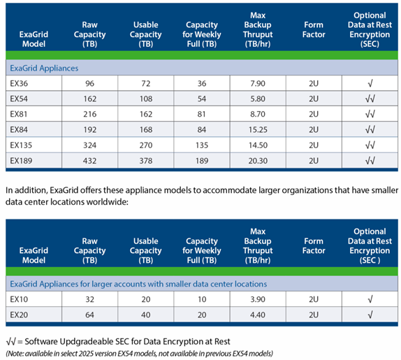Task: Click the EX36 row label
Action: (x=19, y=83)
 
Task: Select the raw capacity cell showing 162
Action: (x=89, y=99)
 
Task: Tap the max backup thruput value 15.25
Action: (x=258, y=130)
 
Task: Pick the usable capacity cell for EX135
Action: (x=146, y=145)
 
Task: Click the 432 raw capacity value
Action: (x=89, y=161)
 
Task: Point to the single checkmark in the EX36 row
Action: (x=370, y=83)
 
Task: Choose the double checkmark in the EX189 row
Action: (x=370, y=161)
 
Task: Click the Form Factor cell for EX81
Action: (x=314, y=114)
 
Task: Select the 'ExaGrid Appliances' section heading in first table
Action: (x=44, y=68)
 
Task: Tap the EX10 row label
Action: (x=19, y=299)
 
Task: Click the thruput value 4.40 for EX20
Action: (x=258, y=315)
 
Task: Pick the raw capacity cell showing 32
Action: (x=89, y=299)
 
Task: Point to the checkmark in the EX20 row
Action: (x=370, y=315)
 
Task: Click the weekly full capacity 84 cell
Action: (x=202, y=130)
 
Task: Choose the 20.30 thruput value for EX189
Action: (x=258, y=161)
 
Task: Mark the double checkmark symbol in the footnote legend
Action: (x=10, y=341)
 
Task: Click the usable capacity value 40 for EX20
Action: (x=146, y=315)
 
